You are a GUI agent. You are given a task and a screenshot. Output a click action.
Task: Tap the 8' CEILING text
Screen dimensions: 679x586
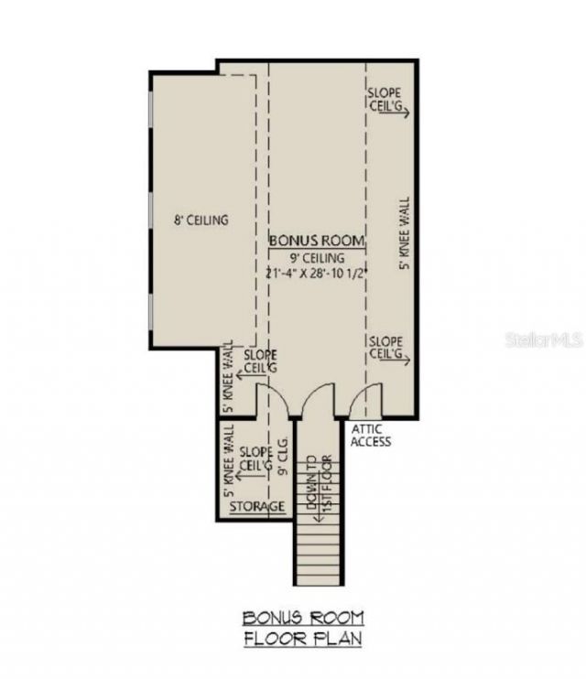click(201, 221)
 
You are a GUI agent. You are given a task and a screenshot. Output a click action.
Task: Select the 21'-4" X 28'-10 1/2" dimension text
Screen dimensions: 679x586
click(317, 274)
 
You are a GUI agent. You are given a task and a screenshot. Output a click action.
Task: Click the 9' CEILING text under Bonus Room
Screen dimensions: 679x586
click(317, 257)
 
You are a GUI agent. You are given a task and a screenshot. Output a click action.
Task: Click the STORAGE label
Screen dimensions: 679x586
click(257, 506)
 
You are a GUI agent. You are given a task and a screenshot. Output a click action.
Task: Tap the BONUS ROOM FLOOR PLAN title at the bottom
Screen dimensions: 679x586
click(302, 628)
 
